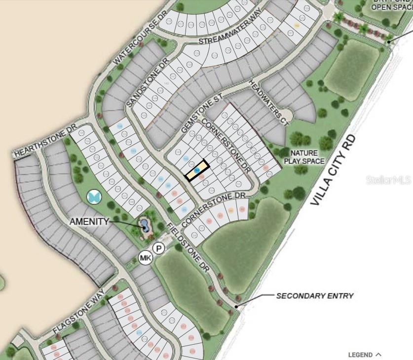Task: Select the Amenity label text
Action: (89, 221)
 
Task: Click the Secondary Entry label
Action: (314, 296)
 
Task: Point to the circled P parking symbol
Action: (158, 249)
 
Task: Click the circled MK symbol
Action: (145, 258)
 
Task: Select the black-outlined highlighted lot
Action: (196, 170)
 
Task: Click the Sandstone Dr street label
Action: (147, 82)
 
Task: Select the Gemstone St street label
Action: (200, 114)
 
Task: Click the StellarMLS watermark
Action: (388, 180)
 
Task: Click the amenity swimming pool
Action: (145, 226)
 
